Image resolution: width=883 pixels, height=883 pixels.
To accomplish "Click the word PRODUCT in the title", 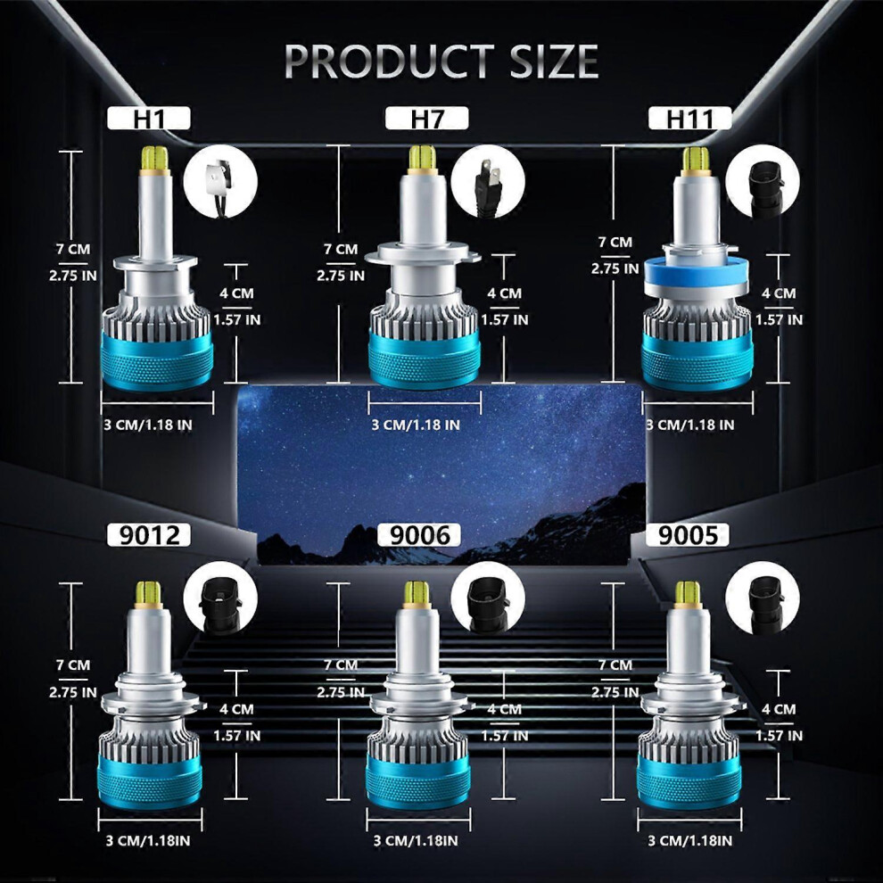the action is [x=390, y=61].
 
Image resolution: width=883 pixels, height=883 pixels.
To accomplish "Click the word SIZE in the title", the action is [x=554, y=61].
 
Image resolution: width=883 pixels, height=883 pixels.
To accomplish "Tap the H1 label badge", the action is [x=149, y=119].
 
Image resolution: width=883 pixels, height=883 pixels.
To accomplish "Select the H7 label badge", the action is [x=427, y=119].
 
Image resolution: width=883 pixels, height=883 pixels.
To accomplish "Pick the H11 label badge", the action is [x=689, y=119].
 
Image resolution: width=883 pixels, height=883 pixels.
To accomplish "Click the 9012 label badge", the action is [x=149, y=534].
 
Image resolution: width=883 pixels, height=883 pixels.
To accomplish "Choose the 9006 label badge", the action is [x=419, y=534].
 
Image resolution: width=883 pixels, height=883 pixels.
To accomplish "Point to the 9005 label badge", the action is [x=687, y=534].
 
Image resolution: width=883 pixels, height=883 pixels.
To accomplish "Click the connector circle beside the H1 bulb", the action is [x=221, y=182].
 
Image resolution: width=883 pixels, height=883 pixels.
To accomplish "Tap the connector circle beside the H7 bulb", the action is [x=488, y=182].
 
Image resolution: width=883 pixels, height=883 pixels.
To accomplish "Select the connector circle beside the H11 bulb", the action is [x=763, y=182].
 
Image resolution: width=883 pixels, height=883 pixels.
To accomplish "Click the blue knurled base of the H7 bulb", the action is [x=424, y=357].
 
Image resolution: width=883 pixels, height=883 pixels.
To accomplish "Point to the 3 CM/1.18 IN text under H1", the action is [x=148, y=425].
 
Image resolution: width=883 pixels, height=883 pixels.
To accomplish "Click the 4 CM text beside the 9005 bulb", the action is [x=779, y=709].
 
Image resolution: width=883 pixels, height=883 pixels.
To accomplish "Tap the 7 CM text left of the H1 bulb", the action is [x=73, y=249].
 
